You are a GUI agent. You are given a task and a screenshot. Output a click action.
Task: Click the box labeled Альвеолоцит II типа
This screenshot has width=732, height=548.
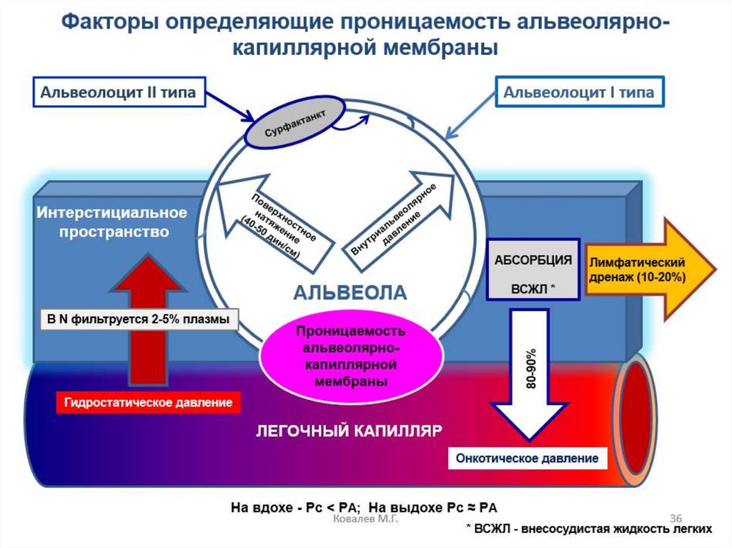117,92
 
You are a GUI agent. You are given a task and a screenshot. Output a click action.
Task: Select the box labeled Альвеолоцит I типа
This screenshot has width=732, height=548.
579,93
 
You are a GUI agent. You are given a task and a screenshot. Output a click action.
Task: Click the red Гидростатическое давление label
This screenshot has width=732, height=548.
149,402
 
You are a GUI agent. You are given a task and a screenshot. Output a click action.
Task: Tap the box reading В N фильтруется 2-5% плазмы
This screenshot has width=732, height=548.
139,319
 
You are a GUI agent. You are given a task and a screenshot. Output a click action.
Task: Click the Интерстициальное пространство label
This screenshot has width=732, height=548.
113,222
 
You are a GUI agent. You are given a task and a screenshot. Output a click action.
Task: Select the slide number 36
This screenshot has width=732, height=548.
676,517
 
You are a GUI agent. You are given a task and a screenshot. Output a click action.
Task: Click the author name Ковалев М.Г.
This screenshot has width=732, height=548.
365,524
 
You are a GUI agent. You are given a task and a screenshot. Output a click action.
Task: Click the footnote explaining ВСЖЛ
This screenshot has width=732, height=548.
588,529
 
